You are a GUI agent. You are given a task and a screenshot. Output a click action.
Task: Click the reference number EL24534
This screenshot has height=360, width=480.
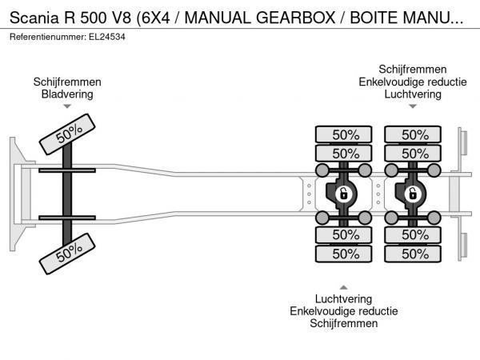107,37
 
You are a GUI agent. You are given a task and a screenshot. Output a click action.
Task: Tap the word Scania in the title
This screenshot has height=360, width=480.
34,18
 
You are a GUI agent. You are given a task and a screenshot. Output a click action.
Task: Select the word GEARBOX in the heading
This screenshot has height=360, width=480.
296,18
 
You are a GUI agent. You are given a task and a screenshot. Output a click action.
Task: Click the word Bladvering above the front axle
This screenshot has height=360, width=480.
67,94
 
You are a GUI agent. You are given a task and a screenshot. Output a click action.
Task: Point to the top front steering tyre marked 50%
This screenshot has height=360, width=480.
67,134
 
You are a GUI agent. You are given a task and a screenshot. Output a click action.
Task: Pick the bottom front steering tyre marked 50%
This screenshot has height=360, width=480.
67,254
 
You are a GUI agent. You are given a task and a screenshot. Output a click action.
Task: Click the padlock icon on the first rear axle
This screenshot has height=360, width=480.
344,194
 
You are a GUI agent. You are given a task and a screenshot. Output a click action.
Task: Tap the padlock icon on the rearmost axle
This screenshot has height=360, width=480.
413,194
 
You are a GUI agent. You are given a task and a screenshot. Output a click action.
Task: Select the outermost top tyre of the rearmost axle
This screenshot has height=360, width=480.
413,134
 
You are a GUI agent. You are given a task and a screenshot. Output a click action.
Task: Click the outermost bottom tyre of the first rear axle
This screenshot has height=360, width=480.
343,254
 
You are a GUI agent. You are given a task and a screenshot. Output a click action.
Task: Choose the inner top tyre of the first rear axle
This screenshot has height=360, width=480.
343,153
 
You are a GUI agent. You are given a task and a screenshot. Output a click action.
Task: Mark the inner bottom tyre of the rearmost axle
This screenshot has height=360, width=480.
413,235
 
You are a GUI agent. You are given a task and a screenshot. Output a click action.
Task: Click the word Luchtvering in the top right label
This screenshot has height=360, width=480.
413,94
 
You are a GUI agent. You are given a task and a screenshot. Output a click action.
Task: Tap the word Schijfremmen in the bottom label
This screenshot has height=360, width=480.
343,323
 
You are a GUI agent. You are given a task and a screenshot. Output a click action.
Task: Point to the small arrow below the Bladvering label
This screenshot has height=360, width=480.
67,106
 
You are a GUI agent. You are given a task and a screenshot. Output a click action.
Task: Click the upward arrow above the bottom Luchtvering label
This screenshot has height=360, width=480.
343,287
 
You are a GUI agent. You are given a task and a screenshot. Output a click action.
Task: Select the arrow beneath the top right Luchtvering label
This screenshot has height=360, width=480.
413,106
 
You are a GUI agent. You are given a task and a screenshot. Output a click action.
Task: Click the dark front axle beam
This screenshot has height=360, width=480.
67,194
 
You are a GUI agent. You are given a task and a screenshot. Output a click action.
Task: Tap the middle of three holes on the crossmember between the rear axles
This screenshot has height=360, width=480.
378,194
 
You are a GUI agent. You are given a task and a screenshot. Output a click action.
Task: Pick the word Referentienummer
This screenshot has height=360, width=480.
48,37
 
